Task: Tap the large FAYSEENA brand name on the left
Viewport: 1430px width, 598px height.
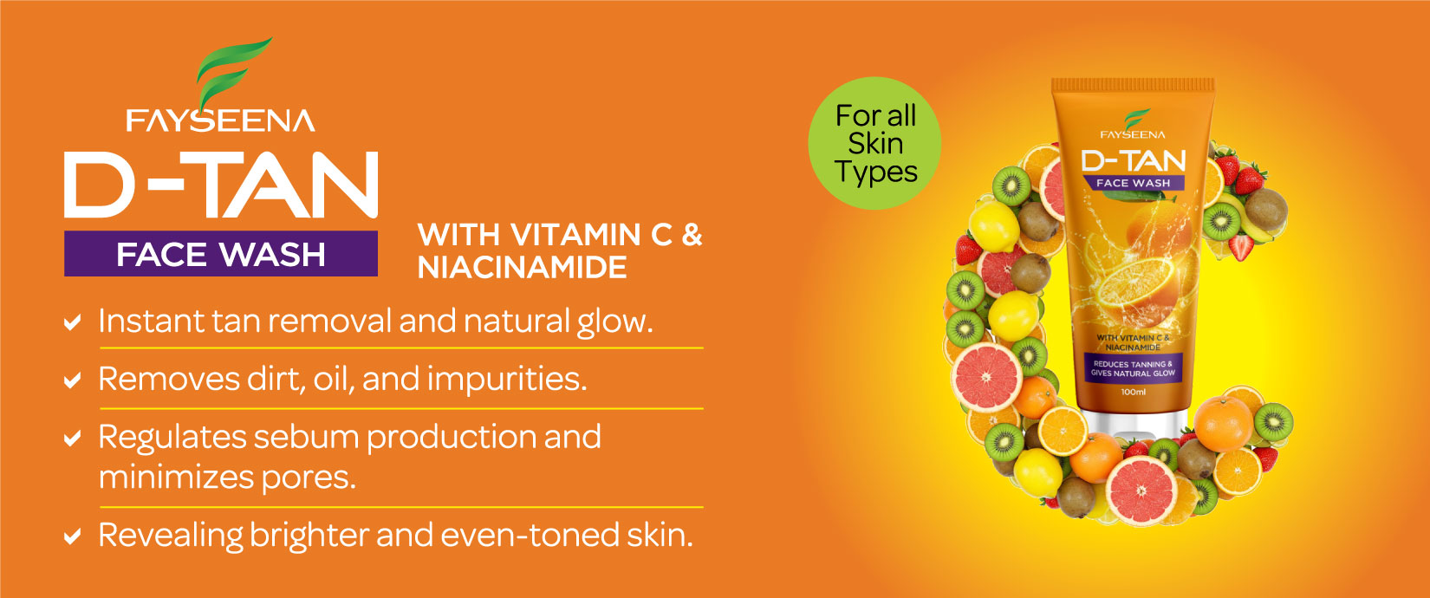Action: [221, 120]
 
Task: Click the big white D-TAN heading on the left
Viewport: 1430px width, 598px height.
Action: [221, 185]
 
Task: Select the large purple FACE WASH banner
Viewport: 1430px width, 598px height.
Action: [221, 253]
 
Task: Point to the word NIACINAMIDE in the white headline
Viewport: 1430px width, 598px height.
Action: [523, 267]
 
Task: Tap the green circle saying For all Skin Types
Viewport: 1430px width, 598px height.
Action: [874, 143]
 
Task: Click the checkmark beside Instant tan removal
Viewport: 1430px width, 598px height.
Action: [73, 322]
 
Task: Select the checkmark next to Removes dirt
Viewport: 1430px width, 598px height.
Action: [73, 380]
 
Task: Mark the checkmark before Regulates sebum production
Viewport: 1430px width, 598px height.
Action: [73, 439]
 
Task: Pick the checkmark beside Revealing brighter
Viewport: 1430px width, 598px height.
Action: [73, 536]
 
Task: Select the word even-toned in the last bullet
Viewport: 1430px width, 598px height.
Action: [530, 535]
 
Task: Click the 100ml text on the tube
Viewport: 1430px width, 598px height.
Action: [1133, 392]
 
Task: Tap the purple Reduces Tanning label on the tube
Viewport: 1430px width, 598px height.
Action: [1133, 368]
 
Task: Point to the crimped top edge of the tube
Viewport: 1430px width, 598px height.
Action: [1133, 86]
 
